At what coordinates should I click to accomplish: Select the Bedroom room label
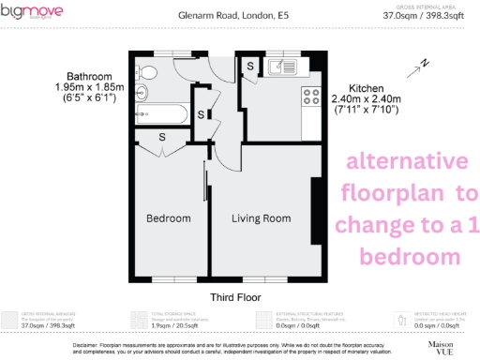[169, 218]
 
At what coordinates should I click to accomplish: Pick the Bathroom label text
[90, 76]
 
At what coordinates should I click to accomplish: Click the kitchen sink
[283, 67]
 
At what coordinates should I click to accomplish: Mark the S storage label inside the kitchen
[250, 65]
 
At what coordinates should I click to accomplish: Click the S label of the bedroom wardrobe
[163, 137]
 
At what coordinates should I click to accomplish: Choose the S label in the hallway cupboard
[202, 114]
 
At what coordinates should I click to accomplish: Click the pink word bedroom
[406, 256]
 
